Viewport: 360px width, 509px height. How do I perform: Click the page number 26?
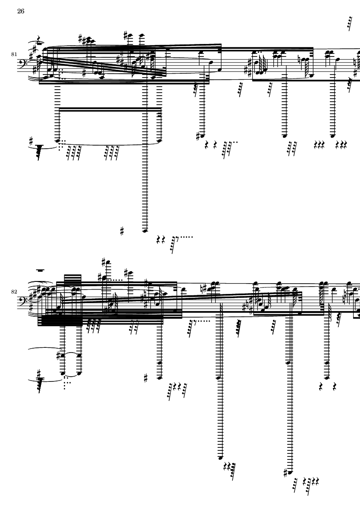pos(21,12)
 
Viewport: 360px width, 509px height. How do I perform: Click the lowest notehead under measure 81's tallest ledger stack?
pos(145,231)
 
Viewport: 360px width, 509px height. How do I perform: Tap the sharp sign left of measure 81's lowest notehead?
pos(122,231)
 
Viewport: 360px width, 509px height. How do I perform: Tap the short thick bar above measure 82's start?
pos(41,271)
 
